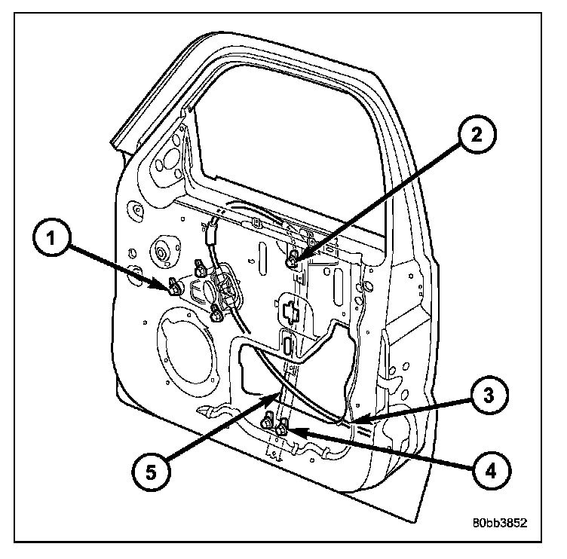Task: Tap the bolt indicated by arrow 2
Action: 293,261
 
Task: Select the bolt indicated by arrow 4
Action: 282,430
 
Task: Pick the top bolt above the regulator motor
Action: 201,265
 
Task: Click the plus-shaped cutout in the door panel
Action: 291,309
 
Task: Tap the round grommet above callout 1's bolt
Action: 161,251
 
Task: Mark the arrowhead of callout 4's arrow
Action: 288,432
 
